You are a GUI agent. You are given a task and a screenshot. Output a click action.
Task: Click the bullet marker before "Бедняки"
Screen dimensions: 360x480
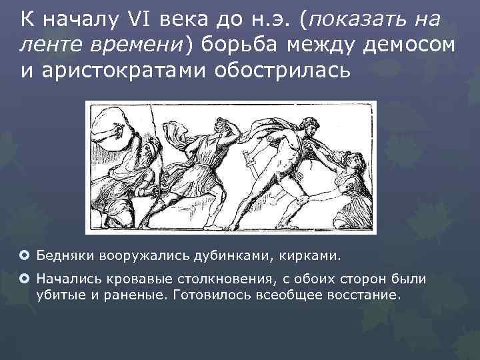[x=25, y=255]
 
